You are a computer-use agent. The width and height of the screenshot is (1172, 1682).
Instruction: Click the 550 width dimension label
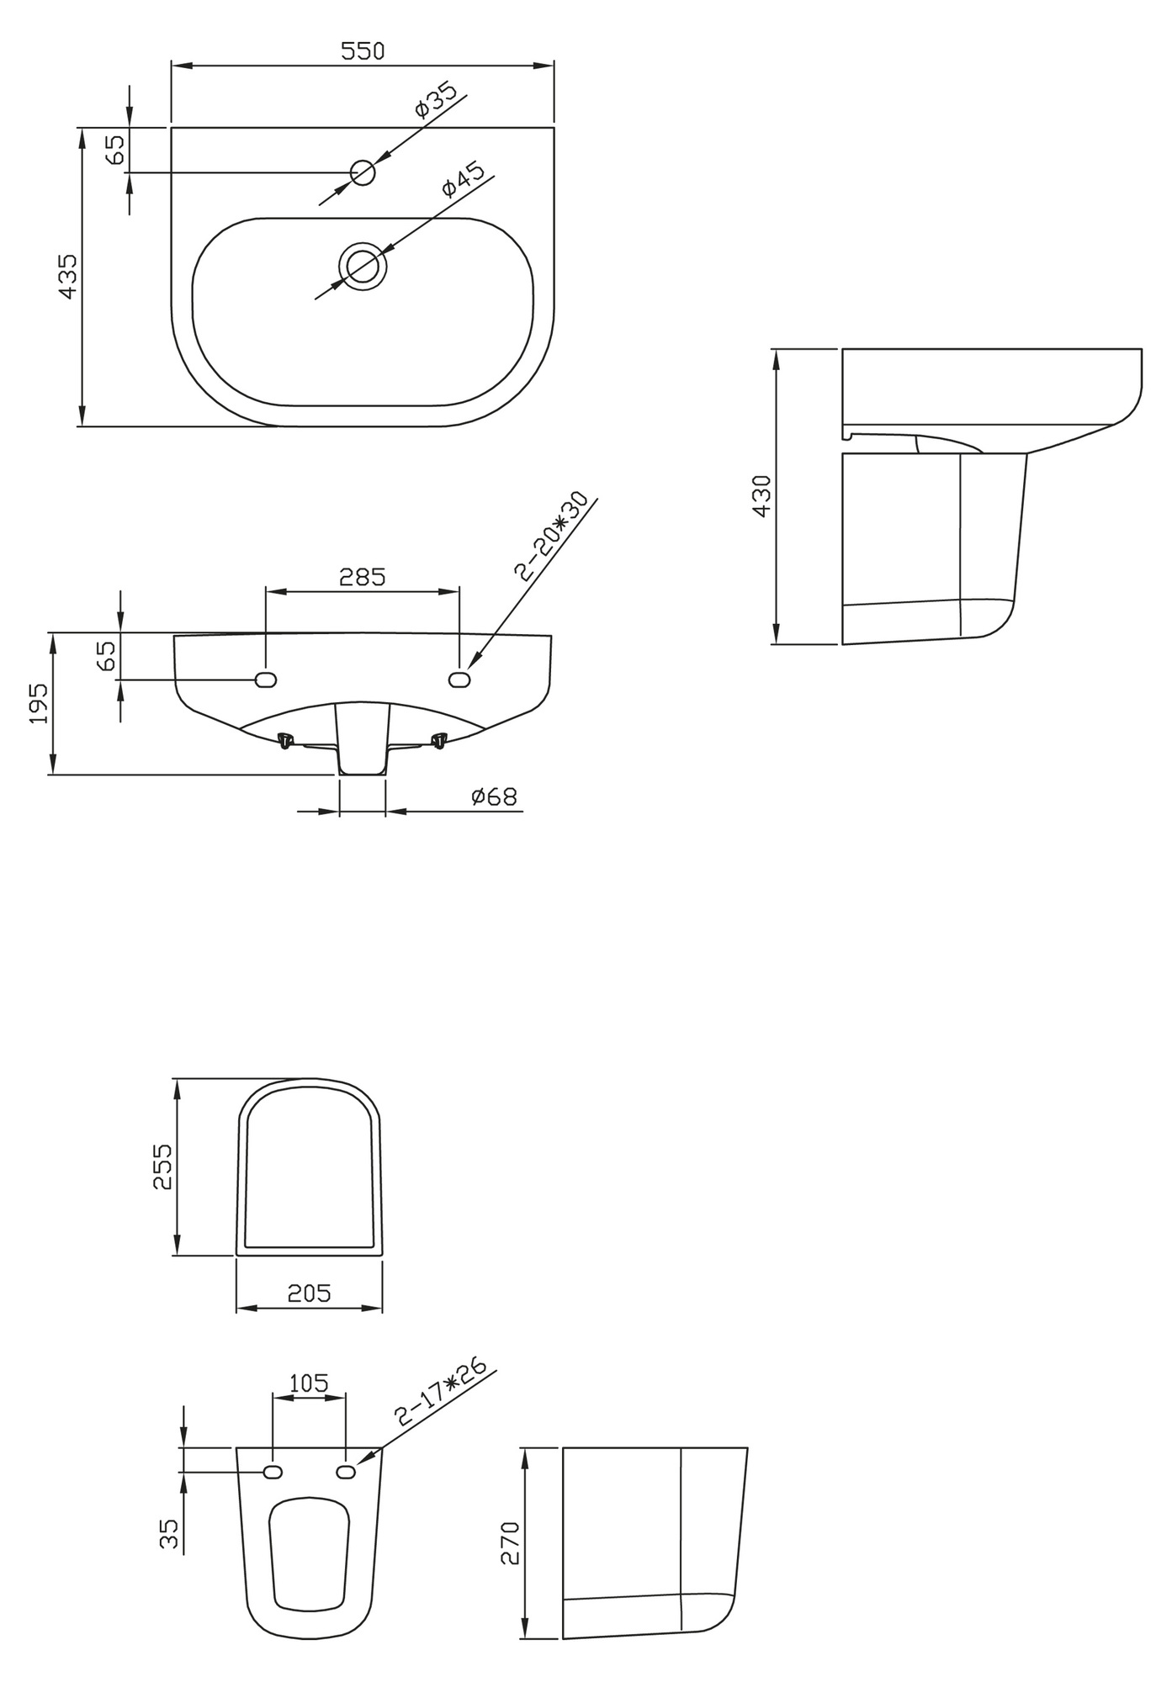(363, 51)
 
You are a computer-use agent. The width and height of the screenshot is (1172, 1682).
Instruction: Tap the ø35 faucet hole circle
(363, 172)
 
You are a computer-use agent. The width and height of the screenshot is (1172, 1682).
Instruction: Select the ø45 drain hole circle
(363, 266)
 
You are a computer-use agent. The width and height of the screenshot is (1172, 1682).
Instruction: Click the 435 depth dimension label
(67, 276)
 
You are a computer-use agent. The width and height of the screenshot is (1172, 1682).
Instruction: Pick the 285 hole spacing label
(362, 577)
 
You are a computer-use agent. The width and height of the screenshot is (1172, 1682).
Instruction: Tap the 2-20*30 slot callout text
(552, 537)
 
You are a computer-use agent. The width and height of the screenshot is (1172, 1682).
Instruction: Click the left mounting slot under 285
(266, 679)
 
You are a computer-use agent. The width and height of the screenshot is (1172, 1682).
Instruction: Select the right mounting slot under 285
(459, 679)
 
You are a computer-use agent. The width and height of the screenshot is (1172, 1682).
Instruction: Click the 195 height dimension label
(39, 703)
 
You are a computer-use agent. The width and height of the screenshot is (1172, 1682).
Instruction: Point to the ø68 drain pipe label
(494, 796)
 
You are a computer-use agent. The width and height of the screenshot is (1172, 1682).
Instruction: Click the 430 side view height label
(761, 496)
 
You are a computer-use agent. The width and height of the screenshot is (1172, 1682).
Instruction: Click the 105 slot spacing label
(309, 1383)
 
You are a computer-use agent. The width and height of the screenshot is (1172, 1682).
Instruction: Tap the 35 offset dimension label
(169, 1533)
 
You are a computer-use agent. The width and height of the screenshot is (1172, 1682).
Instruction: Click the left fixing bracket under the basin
(286, 741)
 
